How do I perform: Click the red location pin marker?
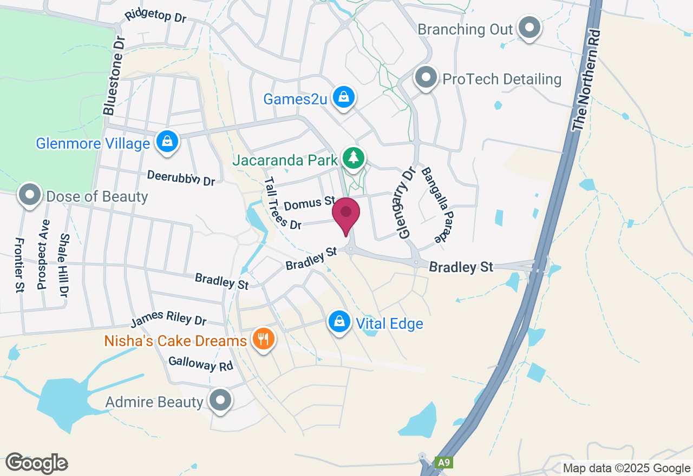pos(346,213)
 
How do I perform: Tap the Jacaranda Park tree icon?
pos(354,158)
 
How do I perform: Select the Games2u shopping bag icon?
pos(343,97)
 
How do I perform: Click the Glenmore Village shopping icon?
pos(167,142)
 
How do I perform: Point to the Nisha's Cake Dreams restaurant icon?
pos(264,340)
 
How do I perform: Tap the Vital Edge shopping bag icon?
pos(339,322)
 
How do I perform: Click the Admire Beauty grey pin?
pos(220,401)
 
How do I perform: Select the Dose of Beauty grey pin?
pos(30,195)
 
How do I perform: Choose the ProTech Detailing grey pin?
pos(426,78)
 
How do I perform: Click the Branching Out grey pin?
pos(529,27)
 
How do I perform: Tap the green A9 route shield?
pos(443,462)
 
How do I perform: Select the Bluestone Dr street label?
pos(114,76)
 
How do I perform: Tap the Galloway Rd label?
pos(200,364)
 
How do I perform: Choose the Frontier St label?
pos(19,265)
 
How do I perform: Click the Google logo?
pos(36,463)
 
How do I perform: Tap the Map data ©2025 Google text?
pos(626,468)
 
